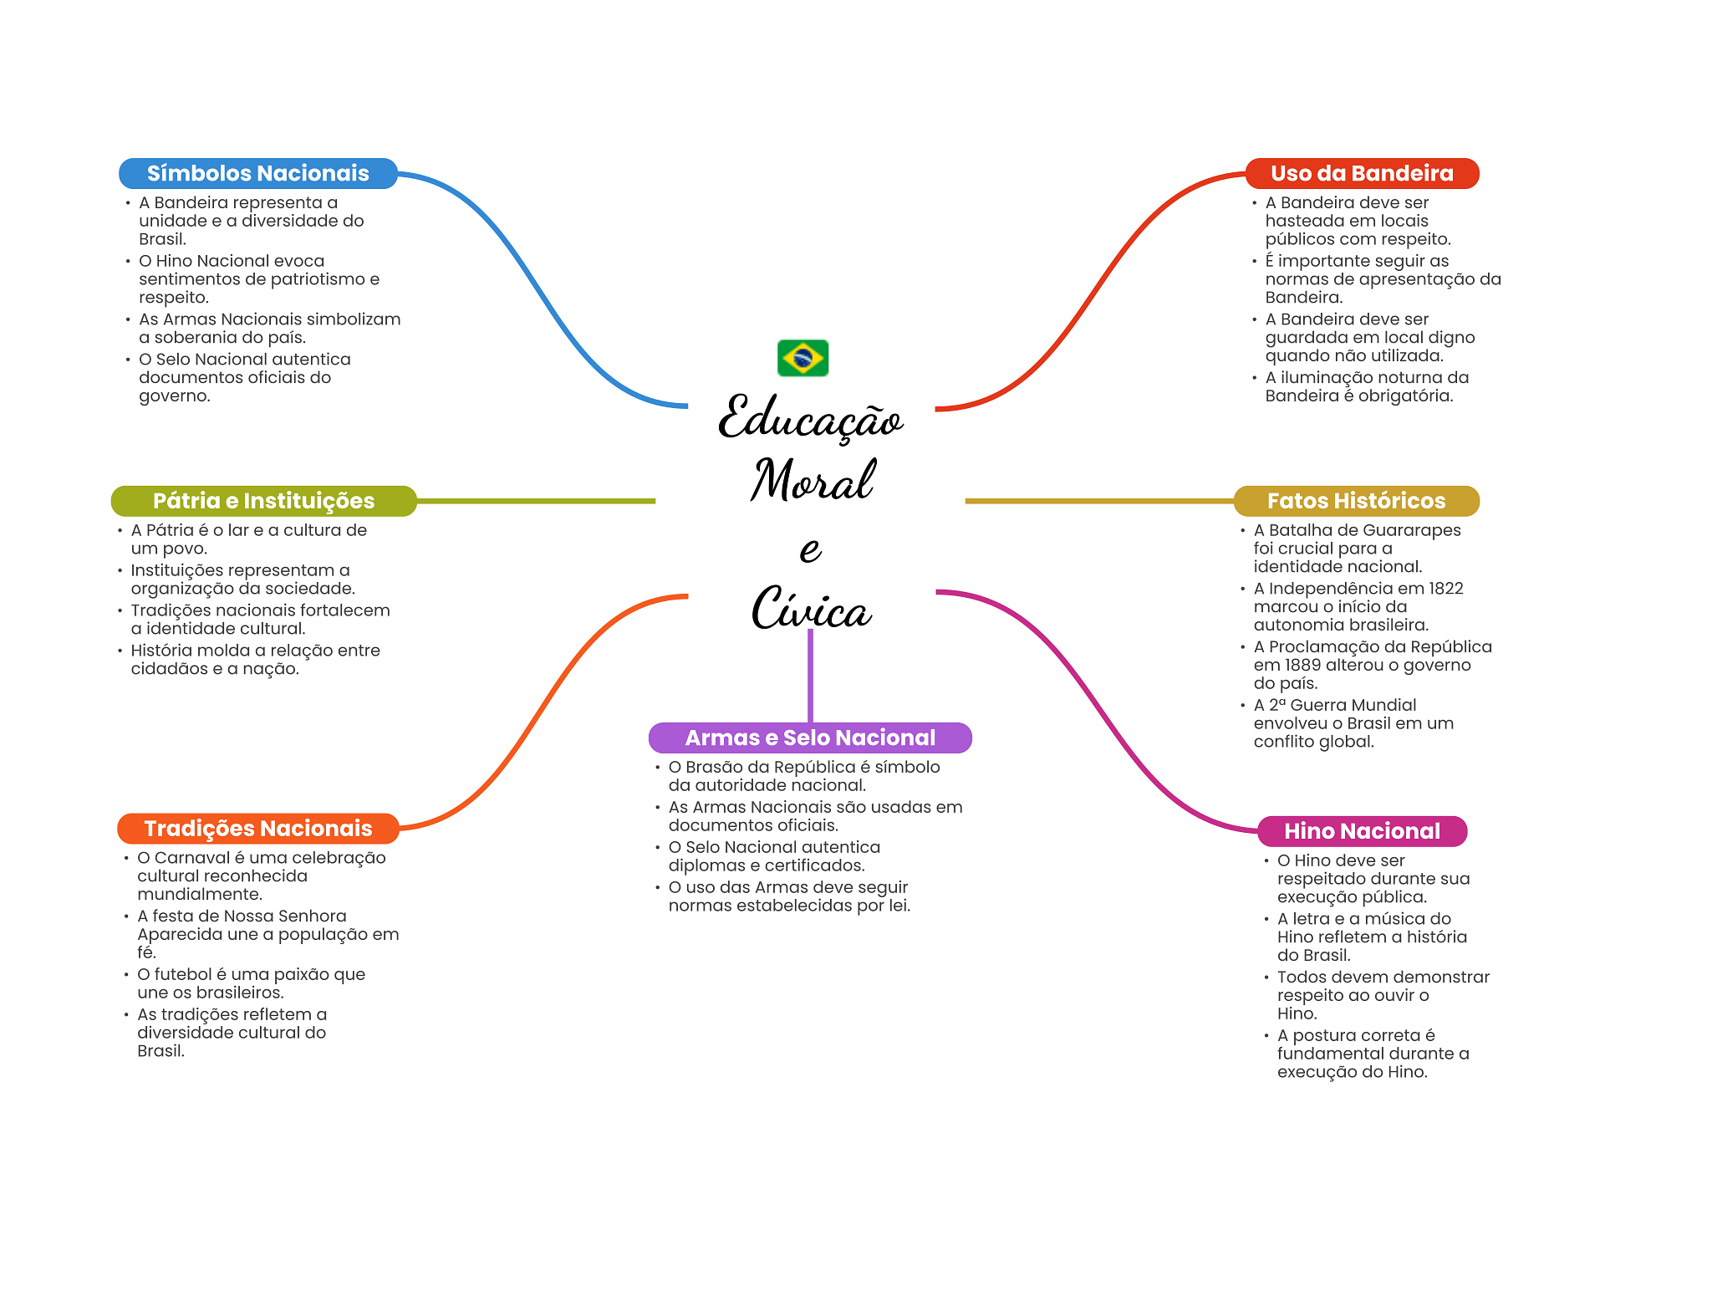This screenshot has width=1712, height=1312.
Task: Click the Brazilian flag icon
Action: click(x=802, y=358)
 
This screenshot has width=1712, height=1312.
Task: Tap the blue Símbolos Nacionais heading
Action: click(x=257, y=173)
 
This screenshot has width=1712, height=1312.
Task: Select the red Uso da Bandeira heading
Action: click(x=1362, y=173)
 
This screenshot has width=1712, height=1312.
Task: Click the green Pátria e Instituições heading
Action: click(x=263, y=501)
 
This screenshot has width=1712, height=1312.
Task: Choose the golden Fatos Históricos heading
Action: click(x=1356, y=501)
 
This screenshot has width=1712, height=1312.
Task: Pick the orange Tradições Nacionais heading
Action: click(x=257, y=829)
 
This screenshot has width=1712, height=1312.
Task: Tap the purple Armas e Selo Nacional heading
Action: click(x=810, y=738)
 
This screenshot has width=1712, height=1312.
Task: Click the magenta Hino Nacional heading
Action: click(x=1362, y=831)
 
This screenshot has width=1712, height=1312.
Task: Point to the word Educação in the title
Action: click(x=810, y=418)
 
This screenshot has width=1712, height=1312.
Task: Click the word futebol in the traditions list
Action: click(x=184, y=975)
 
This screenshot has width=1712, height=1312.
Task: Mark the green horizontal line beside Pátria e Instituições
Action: click(x=535, y=501)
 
